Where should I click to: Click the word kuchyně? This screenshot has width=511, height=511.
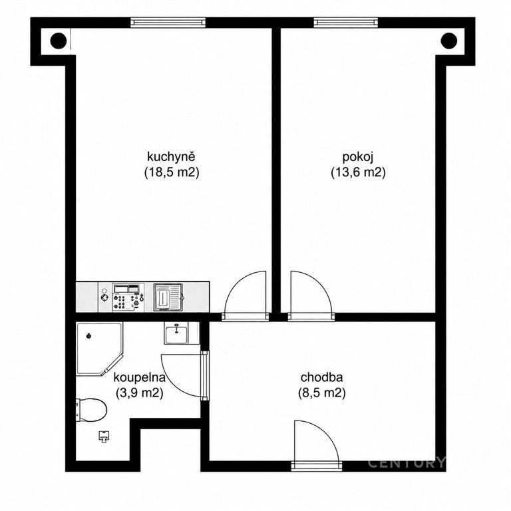tap(171, 157)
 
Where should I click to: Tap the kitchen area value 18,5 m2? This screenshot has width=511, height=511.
tap(172, 172)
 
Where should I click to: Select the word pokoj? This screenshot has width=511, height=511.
tap(357, 157)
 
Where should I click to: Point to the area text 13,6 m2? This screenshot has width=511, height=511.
tap(358, 172)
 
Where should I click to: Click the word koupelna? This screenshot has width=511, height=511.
tap(140, 378)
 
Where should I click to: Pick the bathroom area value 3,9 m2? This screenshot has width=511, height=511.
tap(140, 393)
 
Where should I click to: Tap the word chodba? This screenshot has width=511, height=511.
tap(321, 377)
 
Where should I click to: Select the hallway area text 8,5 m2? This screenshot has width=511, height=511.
tap(322, 393)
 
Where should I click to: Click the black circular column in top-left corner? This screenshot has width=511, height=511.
tap(59, 41)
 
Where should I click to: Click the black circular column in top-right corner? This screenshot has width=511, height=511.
tap(448, 41)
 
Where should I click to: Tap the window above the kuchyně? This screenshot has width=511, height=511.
tap(168, 22)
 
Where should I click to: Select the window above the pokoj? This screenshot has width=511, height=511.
tap(347, 22)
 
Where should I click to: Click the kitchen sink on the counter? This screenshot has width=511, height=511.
tap(168, 297)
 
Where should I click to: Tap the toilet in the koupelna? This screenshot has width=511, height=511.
tap(91, 410)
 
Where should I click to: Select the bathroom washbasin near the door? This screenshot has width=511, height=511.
tap(176, 333)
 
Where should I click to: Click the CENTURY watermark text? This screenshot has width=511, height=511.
tap(407, 463)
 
